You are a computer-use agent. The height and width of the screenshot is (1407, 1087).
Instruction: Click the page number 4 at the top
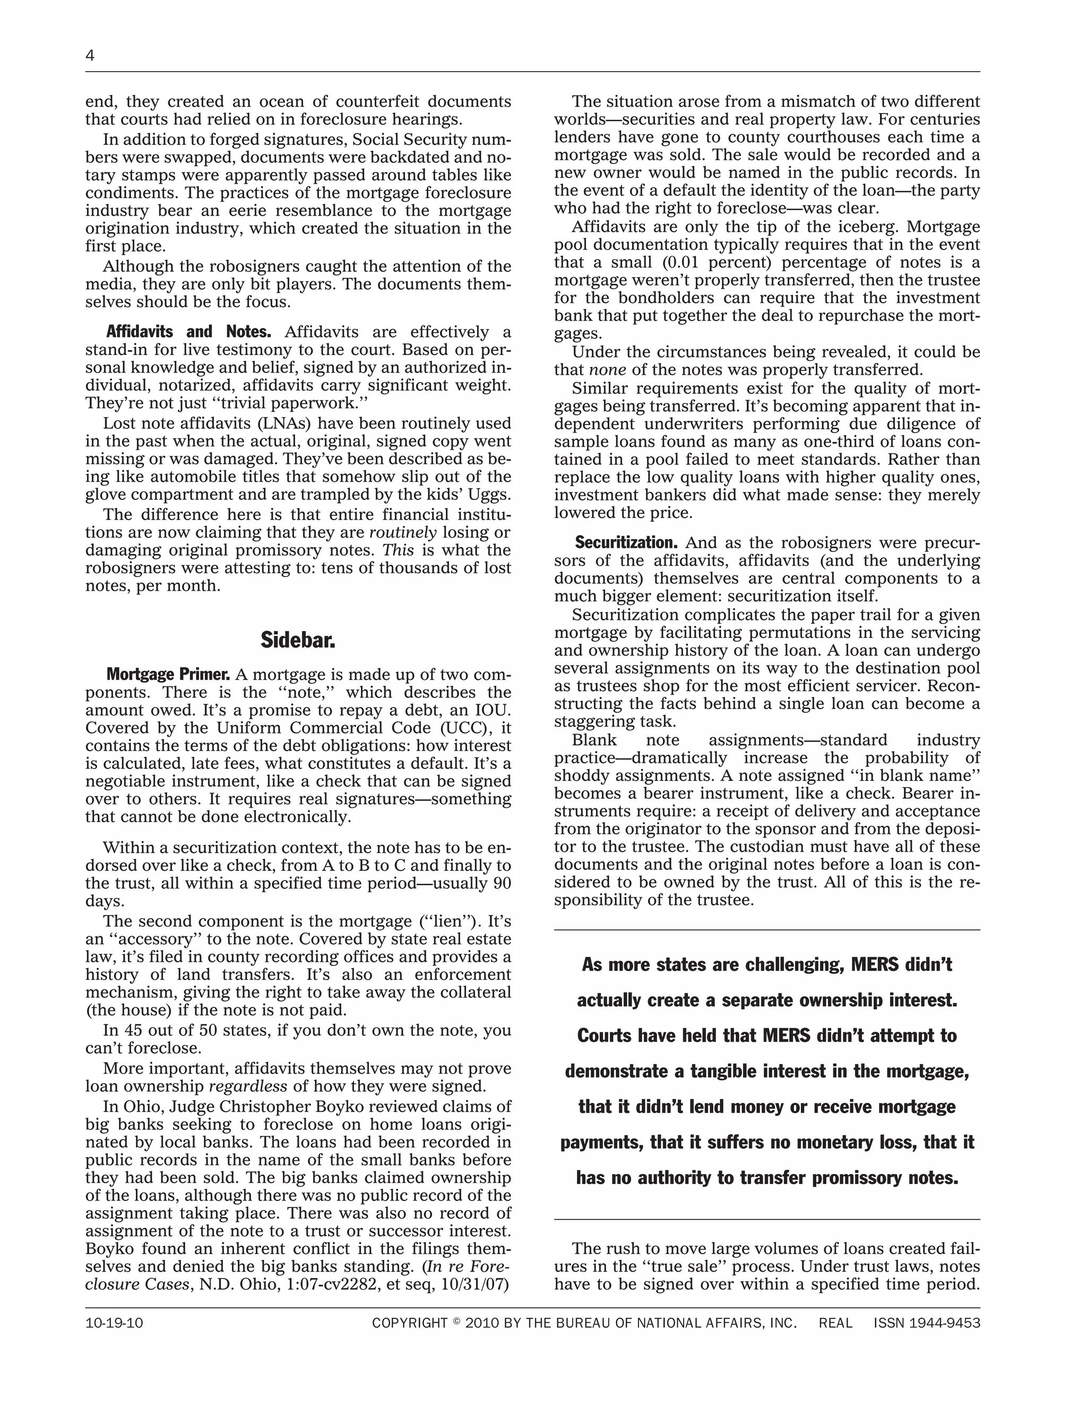pyautogui.click(x=90, y=56)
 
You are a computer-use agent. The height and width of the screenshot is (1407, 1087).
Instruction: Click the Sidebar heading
pyautogui.click(x=298, y=641)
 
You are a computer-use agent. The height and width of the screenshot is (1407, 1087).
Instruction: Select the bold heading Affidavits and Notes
pyautogui.click(x=188, y=332)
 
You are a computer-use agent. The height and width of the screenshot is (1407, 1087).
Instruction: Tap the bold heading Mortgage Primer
pyautogui.click(x=168, y=675)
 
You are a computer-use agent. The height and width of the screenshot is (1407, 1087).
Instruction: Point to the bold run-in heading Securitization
pyautogui.click(x=626, y=542)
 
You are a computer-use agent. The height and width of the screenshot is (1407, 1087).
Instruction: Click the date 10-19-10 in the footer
pyautogui.click(x=114, y=1323)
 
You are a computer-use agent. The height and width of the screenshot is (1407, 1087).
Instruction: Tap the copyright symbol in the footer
pyautogui.click(x=457, y=1322)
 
